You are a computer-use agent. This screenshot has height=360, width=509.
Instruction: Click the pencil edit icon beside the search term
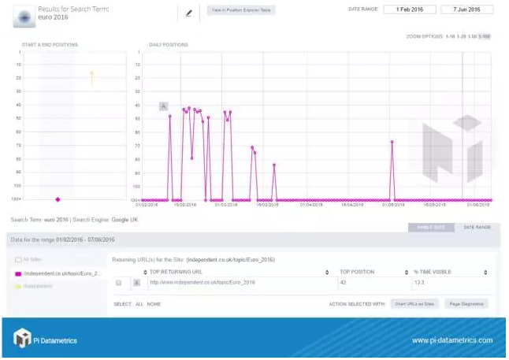[x=188, y=13]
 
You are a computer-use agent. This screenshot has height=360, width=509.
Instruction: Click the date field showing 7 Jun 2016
[x=467, y=9]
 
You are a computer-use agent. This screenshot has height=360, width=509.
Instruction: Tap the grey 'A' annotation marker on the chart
[x=163, y=106]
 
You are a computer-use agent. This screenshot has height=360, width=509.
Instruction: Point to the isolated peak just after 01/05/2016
[x=392, y=142]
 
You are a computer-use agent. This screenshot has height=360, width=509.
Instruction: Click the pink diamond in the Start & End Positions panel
[x=58, y=199]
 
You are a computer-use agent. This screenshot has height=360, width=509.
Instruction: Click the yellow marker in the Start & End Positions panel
[x=91, y=73]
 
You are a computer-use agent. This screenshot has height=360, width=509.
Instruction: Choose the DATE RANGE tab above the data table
[x=476, y=228]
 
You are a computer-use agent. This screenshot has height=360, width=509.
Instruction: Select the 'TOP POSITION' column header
[x=356, y=272]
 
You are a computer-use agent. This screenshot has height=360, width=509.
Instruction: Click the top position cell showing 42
[x=343, y=282]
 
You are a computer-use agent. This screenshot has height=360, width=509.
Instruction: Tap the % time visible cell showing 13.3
[x=418, y=282]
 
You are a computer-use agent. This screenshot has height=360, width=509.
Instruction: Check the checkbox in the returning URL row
[x=119, y=282]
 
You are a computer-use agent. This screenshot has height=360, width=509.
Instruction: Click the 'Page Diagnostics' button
[x=466, y=303]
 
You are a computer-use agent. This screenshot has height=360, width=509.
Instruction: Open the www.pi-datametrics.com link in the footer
[x=451, y=340]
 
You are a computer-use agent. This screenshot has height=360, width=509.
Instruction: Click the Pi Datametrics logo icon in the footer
[x=21, y=339]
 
